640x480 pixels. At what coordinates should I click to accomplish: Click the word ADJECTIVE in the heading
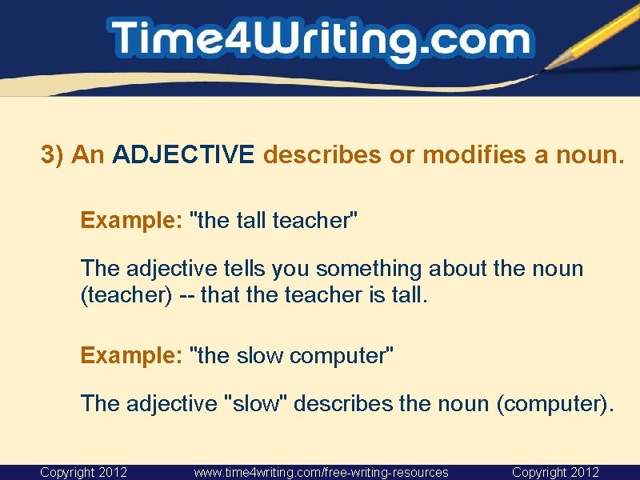click(x=183, y=154)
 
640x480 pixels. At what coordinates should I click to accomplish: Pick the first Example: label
click(x=131, y=220)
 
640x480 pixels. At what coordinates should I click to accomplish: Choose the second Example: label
click(x=131, y=355)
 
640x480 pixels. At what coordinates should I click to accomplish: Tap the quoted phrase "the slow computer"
click(x=290, y=355)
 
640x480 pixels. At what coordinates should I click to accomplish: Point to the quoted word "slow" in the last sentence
click(x=258, y=403)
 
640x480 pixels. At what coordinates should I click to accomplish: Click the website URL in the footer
click(x=321, y=472)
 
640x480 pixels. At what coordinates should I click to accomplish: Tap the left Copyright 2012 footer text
click(x=83, y=472)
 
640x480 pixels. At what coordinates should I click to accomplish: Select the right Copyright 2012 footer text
click(x=555, y=472)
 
